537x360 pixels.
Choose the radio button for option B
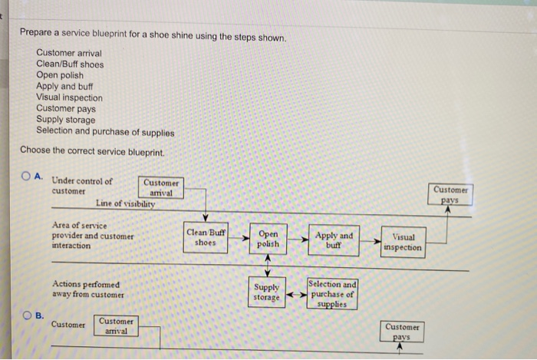pos(27,315)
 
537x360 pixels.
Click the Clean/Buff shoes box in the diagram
pos(206,236)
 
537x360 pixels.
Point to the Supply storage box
pos(267,292)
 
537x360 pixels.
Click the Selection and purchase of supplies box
pos(332,294)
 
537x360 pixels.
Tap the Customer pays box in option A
pos(451,194)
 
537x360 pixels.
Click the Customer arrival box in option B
pos(116,325)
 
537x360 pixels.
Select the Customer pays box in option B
pos(402,332)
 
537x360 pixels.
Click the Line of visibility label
pos(125,204)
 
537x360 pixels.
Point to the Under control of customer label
pos(81,186)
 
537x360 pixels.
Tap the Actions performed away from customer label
pos(88,289)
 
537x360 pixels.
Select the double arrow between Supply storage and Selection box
pos(296,292)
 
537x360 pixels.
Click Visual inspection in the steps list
pos(69,97)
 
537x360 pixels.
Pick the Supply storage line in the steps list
pos(66,120)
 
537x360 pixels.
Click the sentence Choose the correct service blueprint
pos(92,150)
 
